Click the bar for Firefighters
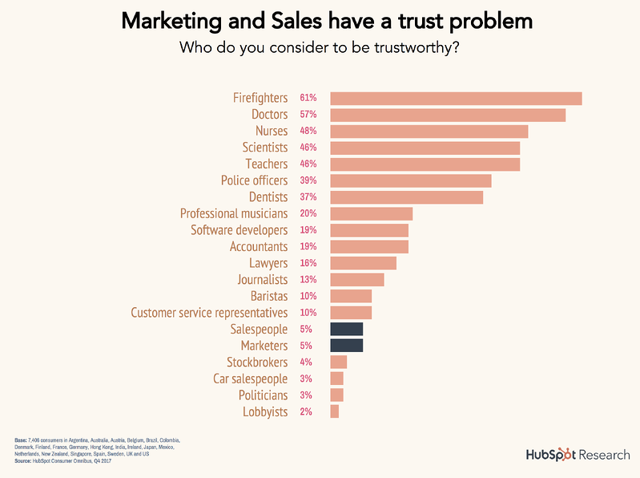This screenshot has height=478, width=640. [x=456, y=99]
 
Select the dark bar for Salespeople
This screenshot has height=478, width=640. [x=347, y=329]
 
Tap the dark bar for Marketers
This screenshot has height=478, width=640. [x=347, y=346]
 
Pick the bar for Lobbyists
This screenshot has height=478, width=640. [x=335, y=411]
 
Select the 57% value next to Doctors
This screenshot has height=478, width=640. [x=308, y=115]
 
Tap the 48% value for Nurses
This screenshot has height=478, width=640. [x=308, y=132]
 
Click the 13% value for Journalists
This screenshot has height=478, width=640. [x=308, y=279]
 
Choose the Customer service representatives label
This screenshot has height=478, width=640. [x=209, y=312]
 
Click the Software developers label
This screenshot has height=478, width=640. [x=239, y=230]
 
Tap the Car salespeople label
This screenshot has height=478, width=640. [x=250, y=379]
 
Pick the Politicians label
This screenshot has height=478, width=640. [x=263, y=395]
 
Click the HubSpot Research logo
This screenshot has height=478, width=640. [x=577, y=455]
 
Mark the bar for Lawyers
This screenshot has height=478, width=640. [x=364, y=263]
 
